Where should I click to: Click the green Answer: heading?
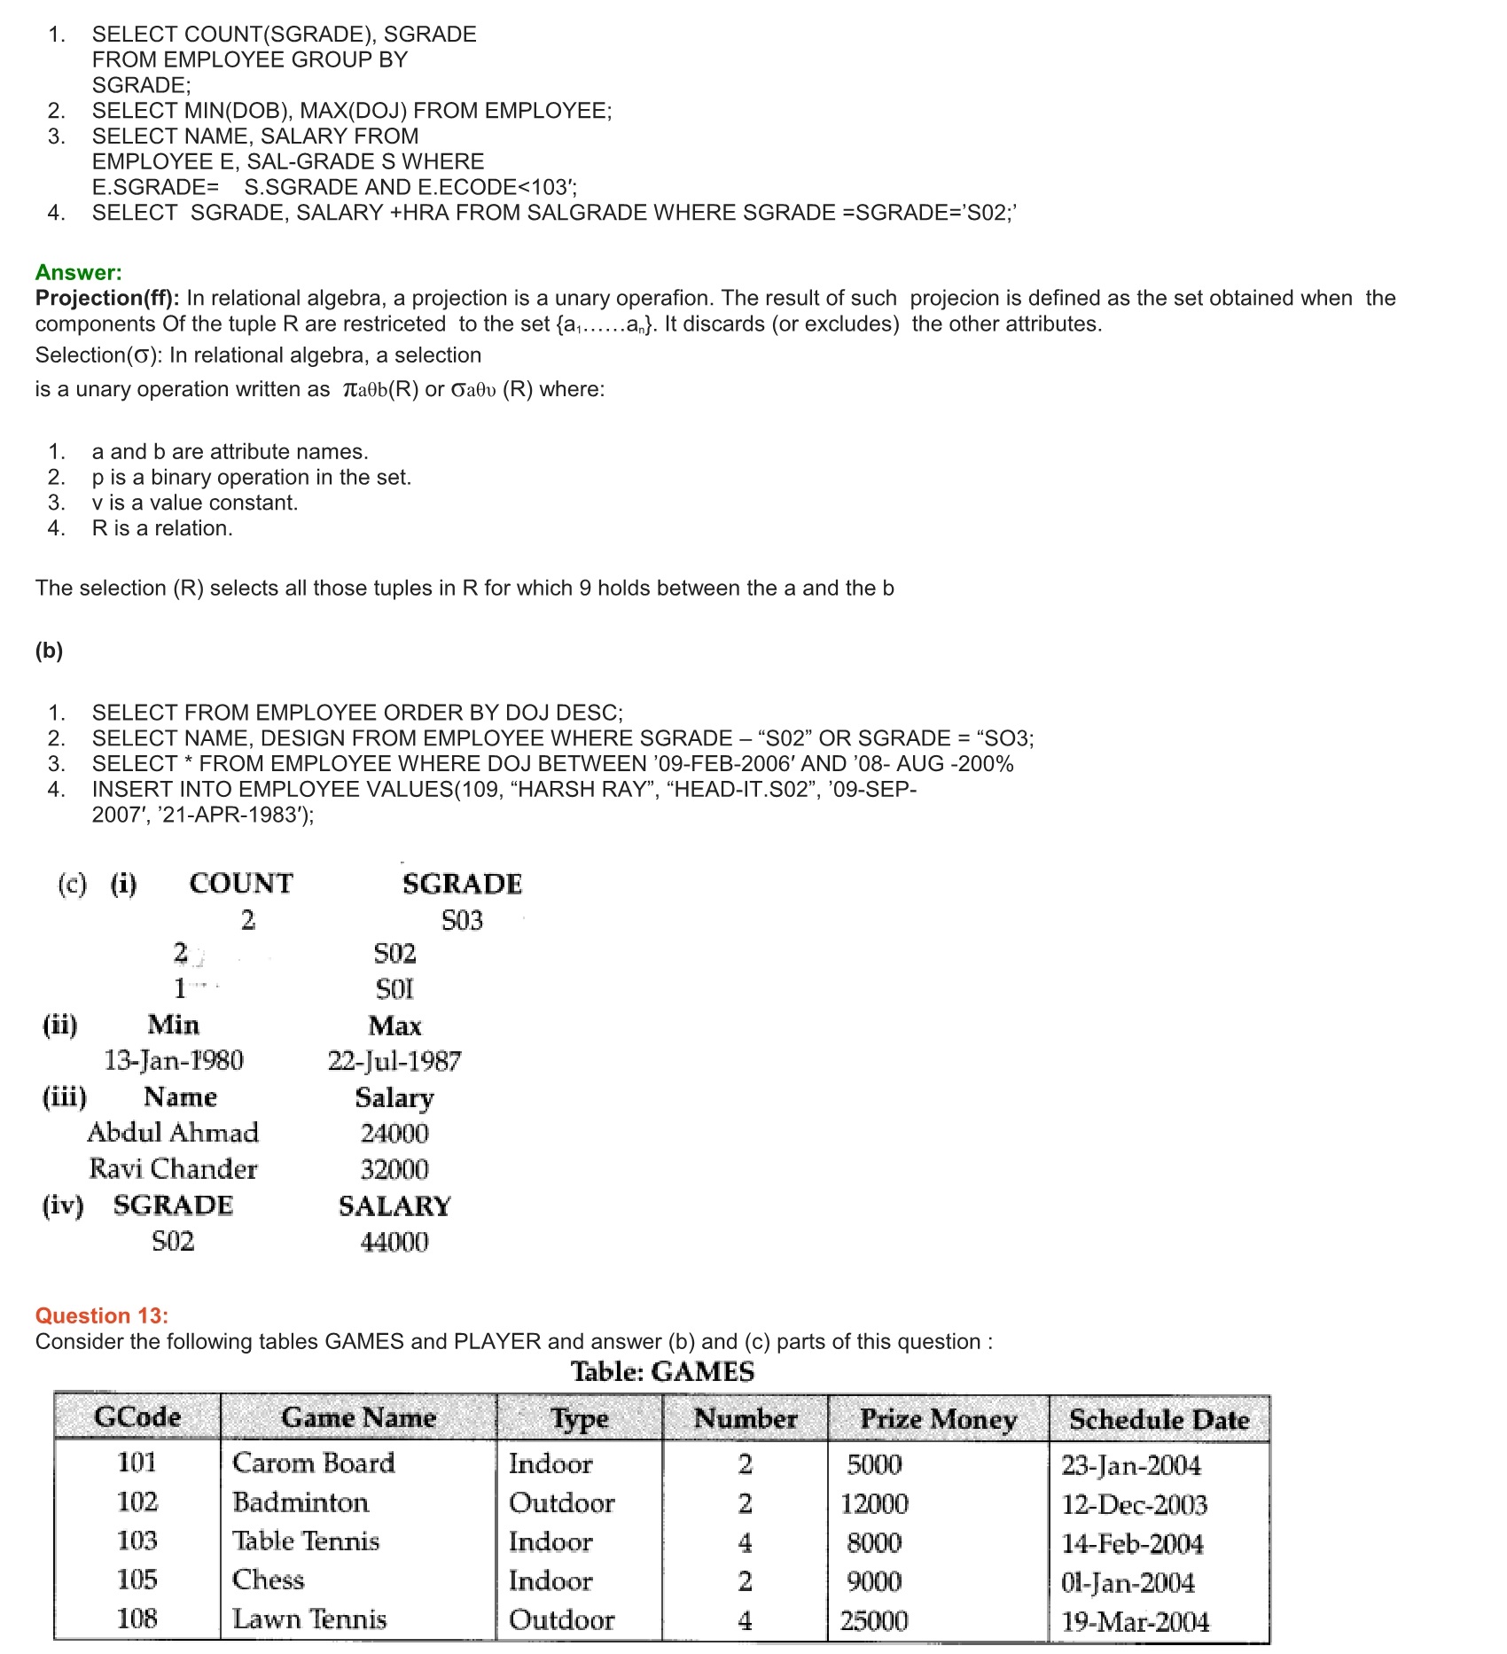[79, 272]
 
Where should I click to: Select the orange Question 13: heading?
[102, 1315]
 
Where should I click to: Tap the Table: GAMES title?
[662, 1371]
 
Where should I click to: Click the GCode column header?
[137, 1416]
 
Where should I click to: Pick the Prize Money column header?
[938, 1418]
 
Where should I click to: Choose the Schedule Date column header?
[1159, 1418]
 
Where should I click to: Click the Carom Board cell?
[313, 1463]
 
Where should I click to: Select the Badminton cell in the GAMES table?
[301, 1502]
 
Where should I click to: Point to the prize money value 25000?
[874, 1620]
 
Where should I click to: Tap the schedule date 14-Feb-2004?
[1132, 1543]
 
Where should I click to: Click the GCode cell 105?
[137, 1580]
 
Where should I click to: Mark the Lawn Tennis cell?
[309, 1619]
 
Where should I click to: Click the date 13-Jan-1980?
[174, 1060]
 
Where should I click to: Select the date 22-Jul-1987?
[394, 1061]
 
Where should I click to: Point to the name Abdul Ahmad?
[173, 1133]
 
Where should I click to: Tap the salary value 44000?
[394, 1242]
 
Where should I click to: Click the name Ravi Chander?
[173, 1169]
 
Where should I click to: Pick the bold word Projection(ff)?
[107, 298]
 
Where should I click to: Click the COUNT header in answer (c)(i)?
[241, 884]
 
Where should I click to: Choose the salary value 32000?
[394, 1169]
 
